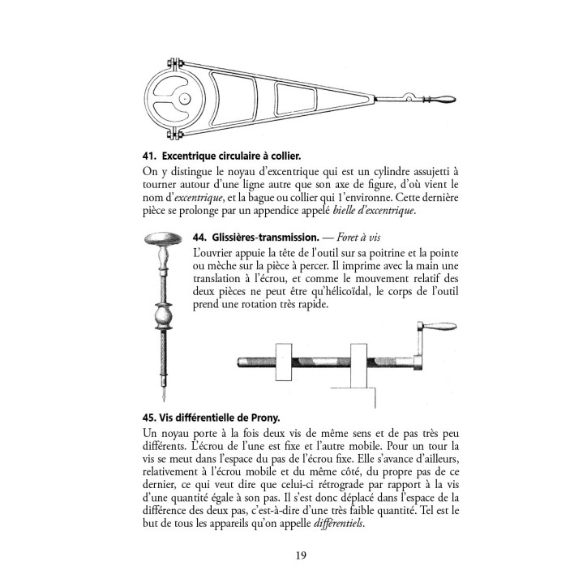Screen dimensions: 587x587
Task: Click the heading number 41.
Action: pos(136,155)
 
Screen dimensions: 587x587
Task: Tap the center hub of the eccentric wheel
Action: pos(185,99)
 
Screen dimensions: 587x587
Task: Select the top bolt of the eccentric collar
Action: pos(173,64)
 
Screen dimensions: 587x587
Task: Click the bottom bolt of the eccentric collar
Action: pos(173,134)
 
